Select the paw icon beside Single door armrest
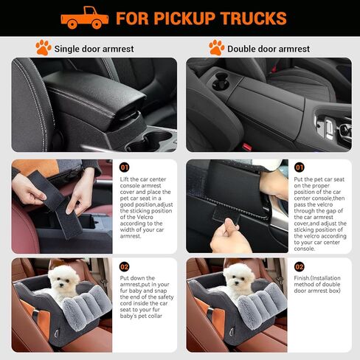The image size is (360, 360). tap(43, 48)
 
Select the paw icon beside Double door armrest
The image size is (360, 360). tap(216, 48)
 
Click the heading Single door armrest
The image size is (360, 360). tap(97, 49)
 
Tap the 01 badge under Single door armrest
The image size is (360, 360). tap(124, 167)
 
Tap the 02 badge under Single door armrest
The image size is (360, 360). tap(124, 266)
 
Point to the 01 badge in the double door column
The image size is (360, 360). tap(299, 167)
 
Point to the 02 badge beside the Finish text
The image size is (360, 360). tap(299, 266)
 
